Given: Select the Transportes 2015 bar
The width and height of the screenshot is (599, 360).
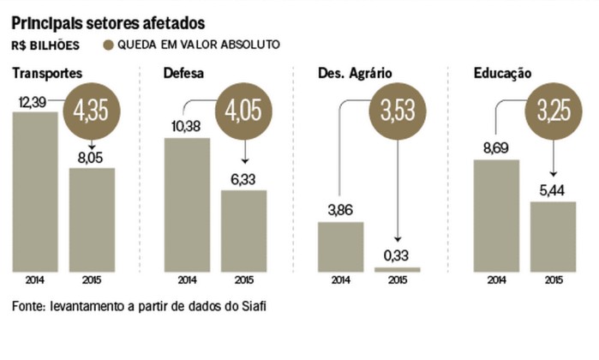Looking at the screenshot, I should click(x=92, y=219).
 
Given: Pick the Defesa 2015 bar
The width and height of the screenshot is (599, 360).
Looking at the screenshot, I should click(x=244, y=230).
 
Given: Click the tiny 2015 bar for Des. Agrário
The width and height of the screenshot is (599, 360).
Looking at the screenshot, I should click(x=397, y=269).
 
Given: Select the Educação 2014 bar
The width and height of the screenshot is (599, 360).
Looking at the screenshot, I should click(x=495, y=214).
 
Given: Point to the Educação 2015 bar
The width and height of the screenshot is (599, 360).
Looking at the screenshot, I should click(x=552, y=236).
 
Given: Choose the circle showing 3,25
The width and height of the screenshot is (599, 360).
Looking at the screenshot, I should click(x=551, y=110).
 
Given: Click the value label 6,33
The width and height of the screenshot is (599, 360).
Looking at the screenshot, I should click(x=243, y=179).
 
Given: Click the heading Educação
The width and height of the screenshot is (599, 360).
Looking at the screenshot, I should click(x=503, y=74).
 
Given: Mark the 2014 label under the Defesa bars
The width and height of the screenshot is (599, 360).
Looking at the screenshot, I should click(x=187, y=280).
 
